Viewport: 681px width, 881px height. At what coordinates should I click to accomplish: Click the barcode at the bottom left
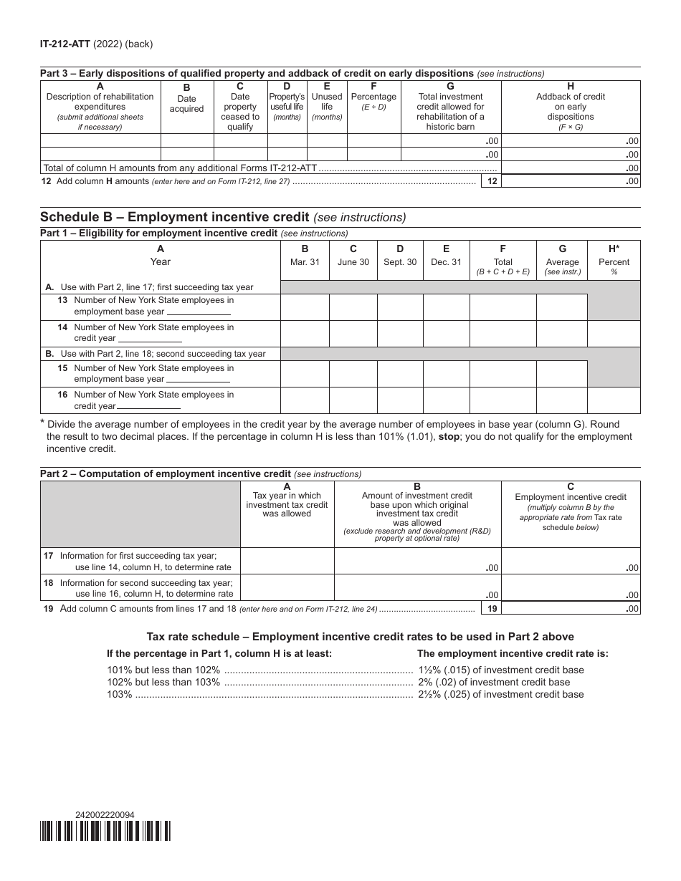[x=105, y=831]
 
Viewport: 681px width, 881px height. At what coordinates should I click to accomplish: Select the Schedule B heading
[x=174, y=217]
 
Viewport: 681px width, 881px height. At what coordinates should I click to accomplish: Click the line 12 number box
[x=491, y=181]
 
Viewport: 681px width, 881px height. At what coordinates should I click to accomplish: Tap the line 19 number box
[x=491, y=608]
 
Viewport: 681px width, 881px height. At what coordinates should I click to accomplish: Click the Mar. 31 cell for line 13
[x=305, y=307]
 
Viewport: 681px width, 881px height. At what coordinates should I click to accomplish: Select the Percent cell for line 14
[x=614, y=334]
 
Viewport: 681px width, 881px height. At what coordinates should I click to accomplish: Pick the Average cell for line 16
[x=562, y=400]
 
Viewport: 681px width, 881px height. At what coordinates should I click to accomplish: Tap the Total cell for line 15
[x=503, y=374]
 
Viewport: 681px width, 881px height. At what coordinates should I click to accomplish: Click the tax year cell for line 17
[x=287, y=562]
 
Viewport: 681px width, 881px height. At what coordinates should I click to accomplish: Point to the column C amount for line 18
[x=571, y=587]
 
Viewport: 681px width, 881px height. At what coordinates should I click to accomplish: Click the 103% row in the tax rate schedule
[x=345, y=694]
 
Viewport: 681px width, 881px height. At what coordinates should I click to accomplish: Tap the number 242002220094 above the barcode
[x=105, y=814]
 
